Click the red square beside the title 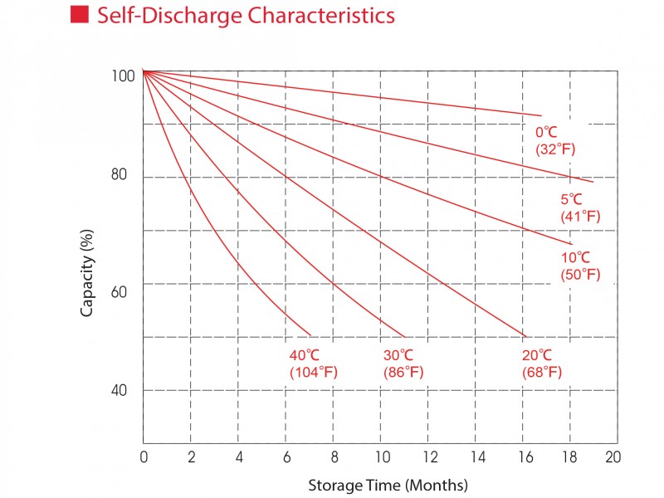pyautogui.click(x=80, y=15)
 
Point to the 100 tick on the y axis pyautogui.click(x=122, y=76)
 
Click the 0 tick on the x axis pyautogui.click(x=144, y=457)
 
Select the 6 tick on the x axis pyautogui.click(x=286, y=457)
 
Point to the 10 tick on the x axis pyautogui.click(x=380, y=457)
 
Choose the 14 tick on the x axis pyautogui.click(x=476, y=457)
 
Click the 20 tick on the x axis pyautogui.click(x=613, y=457)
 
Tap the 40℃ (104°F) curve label pyautogui.click(x=313, y=364)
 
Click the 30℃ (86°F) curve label pyautogui.click(x=403, y=364)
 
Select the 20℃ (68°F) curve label pyautogui.click(x=541, y=364)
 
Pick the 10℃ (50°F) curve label pyautogui.click(x=580, y=266)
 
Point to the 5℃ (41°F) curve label pyautogui.click(x=580, y=207)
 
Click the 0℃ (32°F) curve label pyautogui.click(x=555, y=140)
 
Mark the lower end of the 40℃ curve pyautogui.click(x=310, y=335)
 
